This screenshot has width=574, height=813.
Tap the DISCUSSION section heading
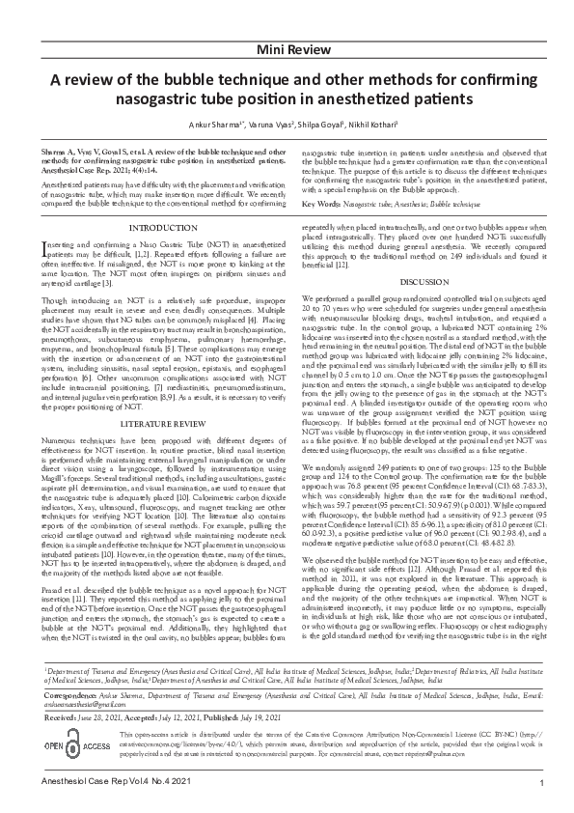tap(424, 308)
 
